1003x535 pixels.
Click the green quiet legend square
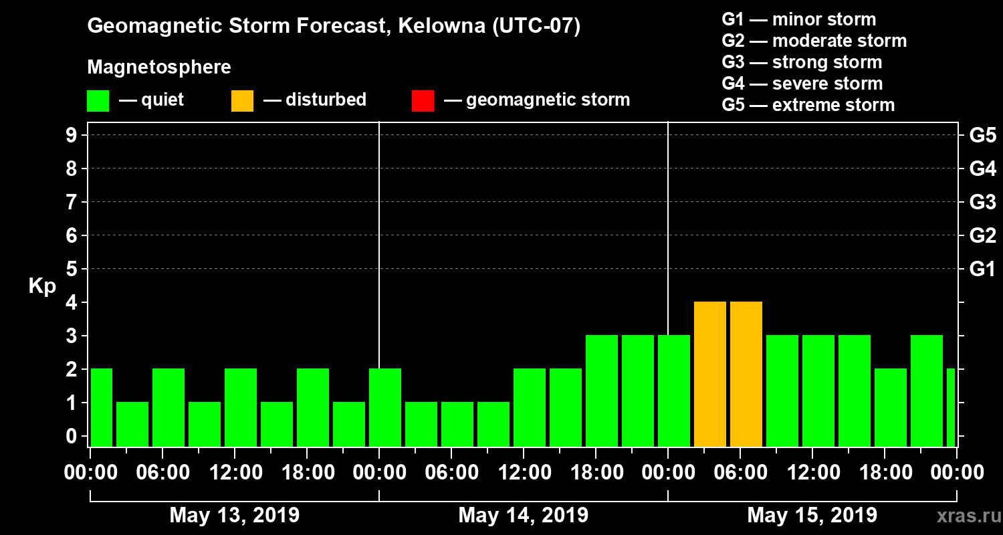(x=98, y=100)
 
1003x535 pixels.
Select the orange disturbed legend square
(x=242, y=100)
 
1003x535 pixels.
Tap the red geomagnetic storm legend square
(x=423, y=100)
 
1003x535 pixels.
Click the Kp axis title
(x=42, y=286)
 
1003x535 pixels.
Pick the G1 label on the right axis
(x=982, y=269)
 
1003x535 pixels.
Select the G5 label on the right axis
(x=982, y=135)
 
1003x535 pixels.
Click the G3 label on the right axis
(x=982, y=202)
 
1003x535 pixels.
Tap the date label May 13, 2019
(x=235, y=516)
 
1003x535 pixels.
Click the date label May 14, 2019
(x=524, y=516)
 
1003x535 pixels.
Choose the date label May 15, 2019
(x=812, y=516)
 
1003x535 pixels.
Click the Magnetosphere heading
(x=159, y=68)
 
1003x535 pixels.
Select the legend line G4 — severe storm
(x=802, y=84)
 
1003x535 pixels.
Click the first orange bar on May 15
(x=710, y=374)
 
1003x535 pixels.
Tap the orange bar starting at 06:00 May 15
(x=746, y=374)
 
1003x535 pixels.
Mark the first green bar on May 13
(x=101, y=407)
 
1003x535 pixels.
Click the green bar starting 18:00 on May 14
(x=602, y=391)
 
